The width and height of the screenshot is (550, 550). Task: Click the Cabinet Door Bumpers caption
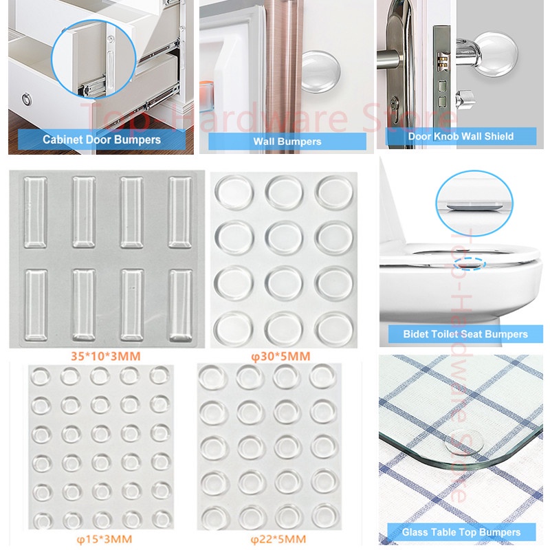point(102,140)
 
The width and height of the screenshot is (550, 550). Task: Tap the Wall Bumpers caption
point(287,142)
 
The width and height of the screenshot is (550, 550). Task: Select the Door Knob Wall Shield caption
point(461,136)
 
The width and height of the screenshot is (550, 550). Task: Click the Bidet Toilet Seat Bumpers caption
point(465,334)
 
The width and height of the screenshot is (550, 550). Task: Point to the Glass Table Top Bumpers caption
point(461,532)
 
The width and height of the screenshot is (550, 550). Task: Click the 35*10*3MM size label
point(106,356)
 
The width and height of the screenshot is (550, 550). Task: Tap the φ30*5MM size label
point(280,356)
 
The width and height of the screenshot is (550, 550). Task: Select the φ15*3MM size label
point(104,539)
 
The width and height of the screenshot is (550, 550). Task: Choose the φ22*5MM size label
point(278,539)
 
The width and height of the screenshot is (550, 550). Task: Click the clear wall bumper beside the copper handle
point(320,71)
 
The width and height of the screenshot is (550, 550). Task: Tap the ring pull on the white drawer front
point(27,100)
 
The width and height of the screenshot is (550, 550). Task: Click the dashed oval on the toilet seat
point(470,263)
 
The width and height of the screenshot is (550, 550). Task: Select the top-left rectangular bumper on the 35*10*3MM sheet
point(36,212)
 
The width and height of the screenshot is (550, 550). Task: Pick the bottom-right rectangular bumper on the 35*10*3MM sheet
point(181,305)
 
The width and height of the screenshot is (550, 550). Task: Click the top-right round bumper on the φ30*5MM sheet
point(333,192)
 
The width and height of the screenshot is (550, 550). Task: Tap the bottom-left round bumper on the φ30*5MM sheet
point(234,329)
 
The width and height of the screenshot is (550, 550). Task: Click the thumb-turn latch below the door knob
point(465,98)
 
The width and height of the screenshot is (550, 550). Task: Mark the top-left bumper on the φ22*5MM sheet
point(213,377)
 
